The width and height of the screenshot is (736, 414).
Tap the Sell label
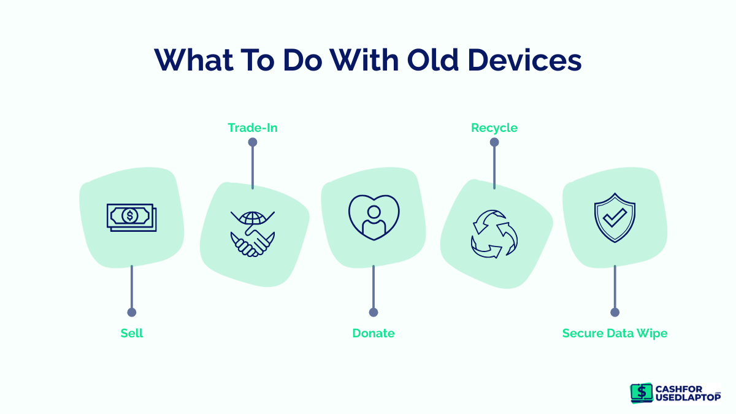click(132, 333)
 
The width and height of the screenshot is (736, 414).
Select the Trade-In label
click(252, 128)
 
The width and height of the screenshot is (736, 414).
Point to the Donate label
click(373, 333)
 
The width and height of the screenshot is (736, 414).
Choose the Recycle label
click(494, 128)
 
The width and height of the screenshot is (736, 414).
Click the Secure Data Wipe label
click(615, 333)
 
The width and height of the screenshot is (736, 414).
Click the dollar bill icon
click(131, 217)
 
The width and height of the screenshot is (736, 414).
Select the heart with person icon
click(374, 217)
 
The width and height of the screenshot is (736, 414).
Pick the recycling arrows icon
click(494, 234)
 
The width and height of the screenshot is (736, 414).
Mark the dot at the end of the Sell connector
click(132, 312)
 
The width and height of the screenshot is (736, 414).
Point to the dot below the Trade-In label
click(252, 142)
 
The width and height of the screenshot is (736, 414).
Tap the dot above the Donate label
click(373, 312)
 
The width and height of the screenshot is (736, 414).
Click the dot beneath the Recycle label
click(494, 142)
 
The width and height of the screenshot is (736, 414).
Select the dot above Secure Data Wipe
click(615, 312)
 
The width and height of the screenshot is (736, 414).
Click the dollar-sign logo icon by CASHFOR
click(642, 393)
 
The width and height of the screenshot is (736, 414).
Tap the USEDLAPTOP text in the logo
click(688, 397)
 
